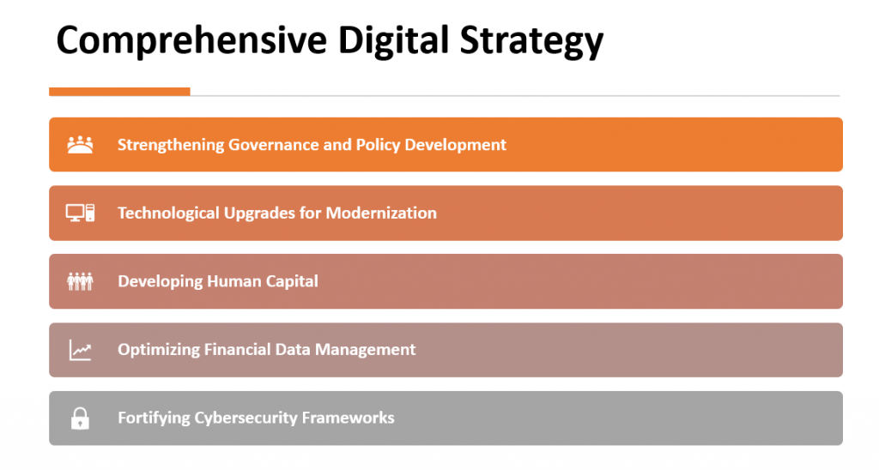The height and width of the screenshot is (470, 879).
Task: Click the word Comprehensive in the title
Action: tap(191, 40)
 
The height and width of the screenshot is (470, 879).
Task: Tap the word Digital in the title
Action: tap(393, 41)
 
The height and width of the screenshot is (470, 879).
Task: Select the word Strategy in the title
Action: tap(531, 41)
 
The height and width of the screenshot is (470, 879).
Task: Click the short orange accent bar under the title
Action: tap(119, 92)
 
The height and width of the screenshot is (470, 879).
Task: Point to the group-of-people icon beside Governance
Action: tap(80, 145)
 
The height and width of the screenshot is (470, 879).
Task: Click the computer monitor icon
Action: tap(80, 213)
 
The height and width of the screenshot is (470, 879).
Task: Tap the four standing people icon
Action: tap(80, 281)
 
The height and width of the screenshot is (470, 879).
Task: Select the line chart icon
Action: tap(80, 350)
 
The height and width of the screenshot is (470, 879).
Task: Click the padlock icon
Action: tap(80, 419)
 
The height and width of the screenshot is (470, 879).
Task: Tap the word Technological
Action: tap(168, 214)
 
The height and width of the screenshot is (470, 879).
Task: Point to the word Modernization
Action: tap(381, 213)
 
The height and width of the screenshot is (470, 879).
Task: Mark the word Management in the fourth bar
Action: tap(366, 350)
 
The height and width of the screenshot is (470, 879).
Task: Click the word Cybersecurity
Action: tap(246, 419)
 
